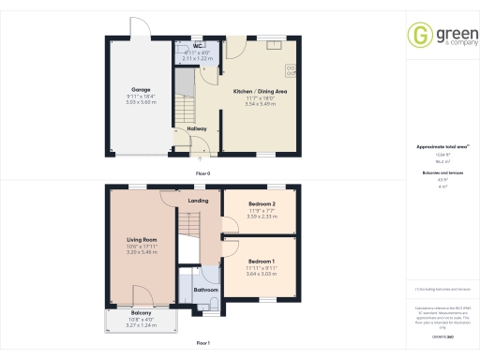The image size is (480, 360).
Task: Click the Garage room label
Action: [141, 90]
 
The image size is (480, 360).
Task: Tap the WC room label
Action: [199, 46]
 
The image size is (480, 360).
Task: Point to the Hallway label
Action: [197, 128]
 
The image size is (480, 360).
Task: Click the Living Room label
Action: [141, 240]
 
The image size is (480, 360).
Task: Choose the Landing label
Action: [198, 201]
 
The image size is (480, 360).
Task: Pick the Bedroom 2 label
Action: [262, 203]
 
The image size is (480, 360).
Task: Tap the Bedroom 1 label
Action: [261, 261]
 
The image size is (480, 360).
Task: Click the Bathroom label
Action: [206, 291]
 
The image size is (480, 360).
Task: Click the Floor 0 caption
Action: [202, 174]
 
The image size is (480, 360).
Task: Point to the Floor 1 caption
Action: [202, 344]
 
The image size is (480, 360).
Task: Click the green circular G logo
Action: [418, 36]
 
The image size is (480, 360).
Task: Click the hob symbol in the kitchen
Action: [291, 69]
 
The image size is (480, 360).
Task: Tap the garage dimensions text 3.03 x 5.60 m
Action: [141, 101]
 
